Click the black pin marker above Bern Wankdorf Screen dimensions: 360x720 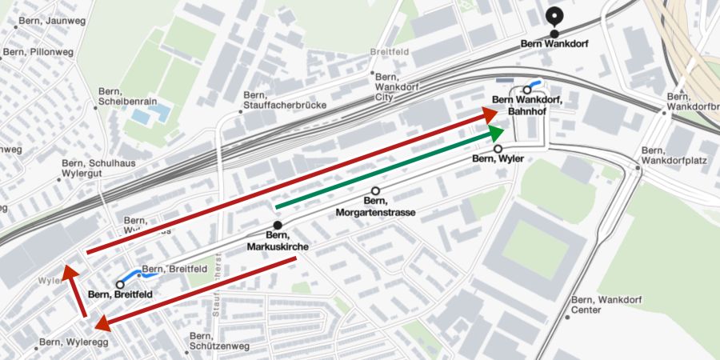(x=554, y=15)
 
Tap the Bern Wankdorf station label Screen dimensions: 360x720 (x=554, y=45)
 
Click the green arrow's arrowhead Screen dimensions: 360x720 (x=498, y=132)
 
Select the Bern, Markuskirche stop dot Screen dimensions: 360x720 (x=278, y=226)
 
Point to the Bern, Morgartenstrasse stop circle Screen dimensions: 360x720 (x=376, y=190)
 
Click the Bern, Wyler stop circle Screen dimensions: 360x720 (x=498, y=149)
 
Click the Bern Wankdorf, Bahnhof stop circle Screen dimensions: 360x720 (x=526, y=90)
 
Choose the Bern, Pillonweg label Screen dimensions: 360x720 (x=38, y=52)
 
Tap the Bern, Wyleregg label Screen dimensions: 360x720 (x=72, y=342)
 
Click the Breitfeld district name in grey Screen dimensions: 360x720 (x=390, y=53)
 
